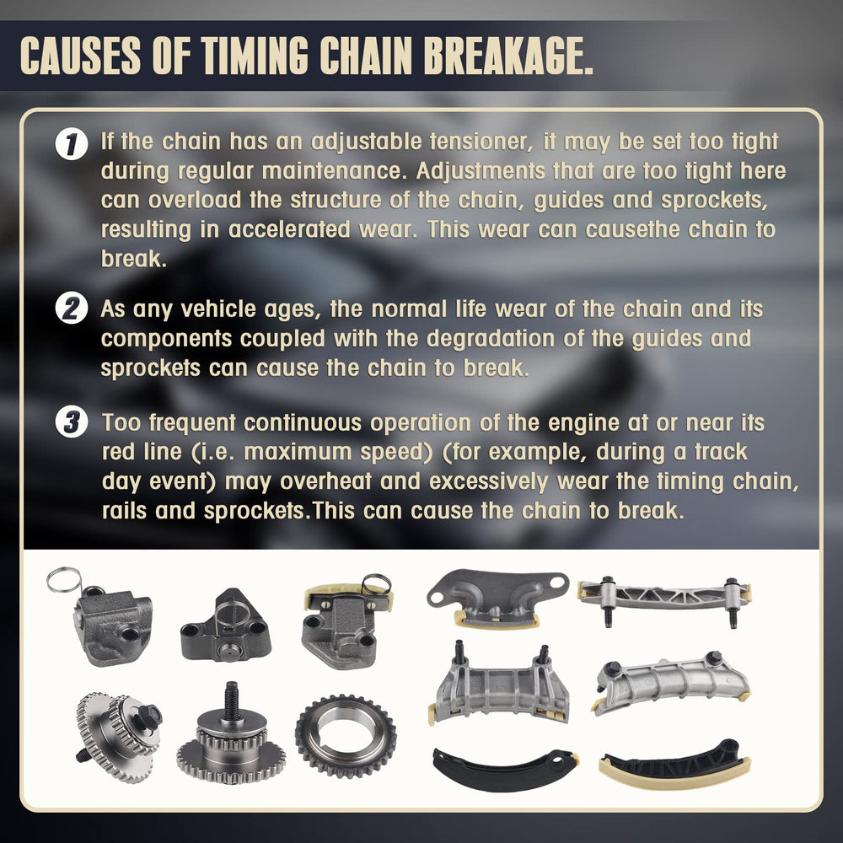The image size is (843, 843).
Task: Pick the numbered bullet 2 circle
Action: coord(72,309)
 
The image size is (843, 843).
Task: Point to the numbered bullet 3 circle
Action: coord(72,423)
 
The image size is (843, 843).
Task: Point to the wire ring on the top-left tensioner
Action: coord(63,580)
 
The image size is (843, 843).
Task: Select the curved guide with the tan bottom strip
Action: coord(674,762)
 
